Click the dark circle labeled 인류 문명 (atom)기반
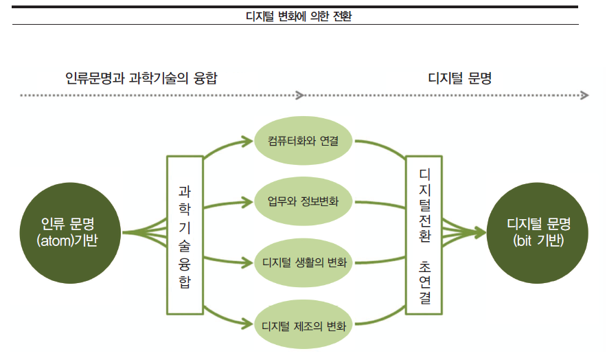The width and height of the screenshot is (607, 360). (70, 232)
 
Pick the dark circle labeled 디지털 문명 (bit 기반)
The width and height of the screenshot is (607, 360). (538, 232)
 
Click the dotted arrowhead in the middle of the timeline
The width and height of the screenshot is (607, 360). (300, 95)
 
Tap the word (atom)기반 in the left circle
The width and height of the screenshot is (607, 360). (70, 240)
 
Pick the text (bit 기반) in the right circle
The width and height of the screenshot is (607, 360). (538, 240)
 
